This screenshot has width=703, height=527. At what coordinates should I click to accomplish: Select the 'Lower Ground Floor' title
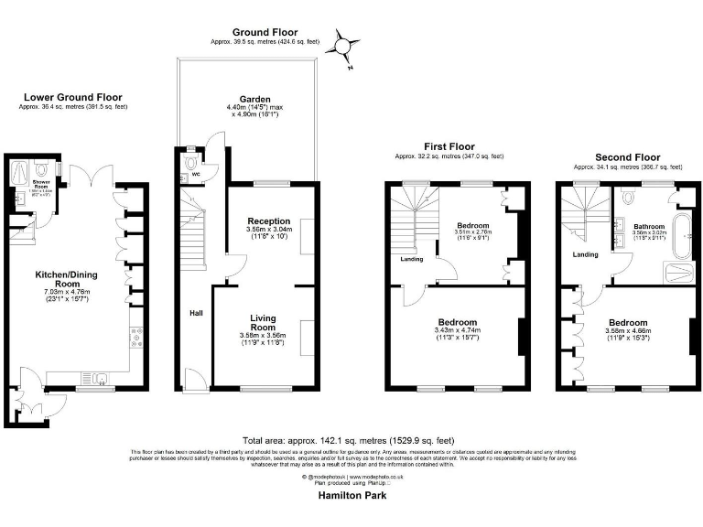coord(73,97)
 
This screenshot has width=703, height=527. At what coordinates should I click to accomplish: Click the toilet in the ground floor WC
coord(190,162)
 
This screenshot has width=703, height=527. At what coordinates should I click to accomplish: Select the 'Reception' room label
coord(269,220)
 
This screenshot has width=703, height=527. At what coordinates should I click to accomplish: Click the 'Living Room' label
coord(264,322)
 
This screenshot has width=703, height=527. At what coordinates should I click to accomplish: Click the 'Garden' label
coord(255,99)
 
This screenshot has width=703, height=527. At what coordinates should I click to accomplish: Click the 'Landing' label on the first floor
coord(411,259)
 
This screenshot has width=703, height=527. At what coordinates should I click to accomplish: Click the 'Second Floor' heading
coord(628,157)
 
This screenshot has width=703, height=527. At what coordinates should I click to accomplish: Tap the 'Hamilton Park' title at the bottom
coord(352,494)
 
